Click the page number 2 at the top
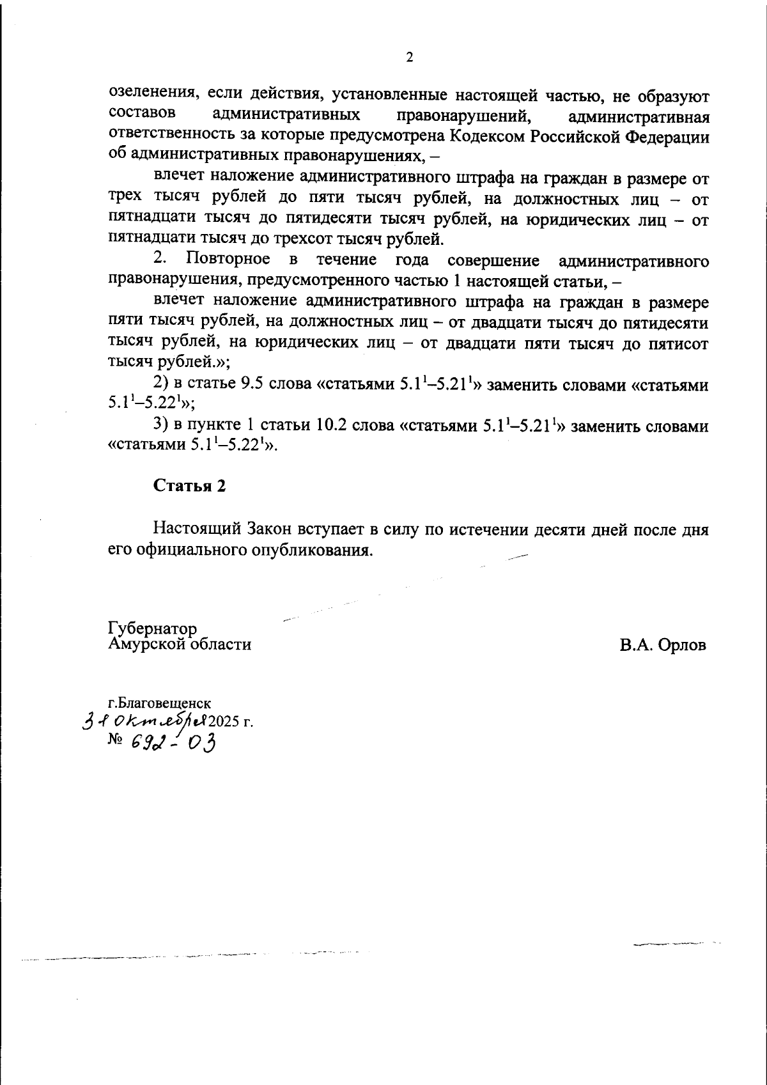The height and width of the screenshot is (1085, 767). [409, 58]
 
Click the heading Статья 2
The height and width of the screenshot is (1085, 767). [190, 486]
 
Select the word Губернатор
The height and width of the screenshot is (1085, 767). [153, 629]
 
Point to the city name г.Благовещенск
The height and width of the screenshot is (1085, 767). [160, 704]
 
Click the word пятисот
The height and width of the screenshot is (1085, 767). [679, 343]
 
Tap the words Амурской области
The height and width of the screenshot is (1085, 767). [180, 644]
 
